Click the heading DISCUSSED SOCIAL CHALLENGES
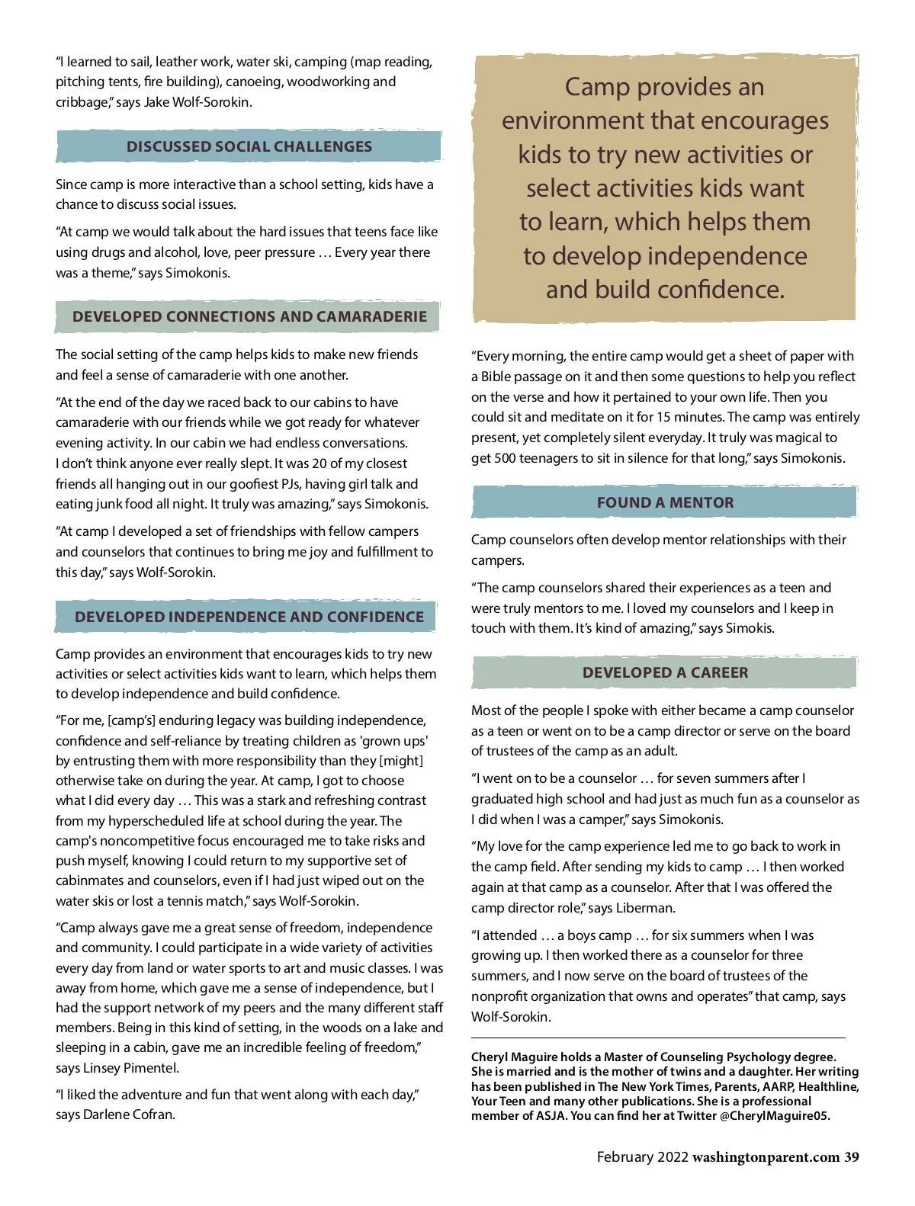click(249, 146)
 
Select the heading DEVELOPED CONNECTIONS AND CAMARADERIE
click(249, 316)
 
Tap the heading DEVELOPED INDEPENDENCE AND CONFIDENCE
click(249, 617)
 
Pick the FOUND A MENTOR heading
click(665, 502)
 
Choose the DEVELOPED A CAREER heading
click(665, 672)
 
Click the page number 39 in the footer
click(851, 1157)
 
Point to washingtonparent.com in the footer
click(766, 1157)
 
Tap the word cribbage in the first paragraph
click(81, 102)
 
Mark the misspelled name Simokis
click(749, 628)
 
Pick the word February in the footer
click(624, 1157)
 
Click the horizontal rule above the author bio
click(657, 1038)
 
